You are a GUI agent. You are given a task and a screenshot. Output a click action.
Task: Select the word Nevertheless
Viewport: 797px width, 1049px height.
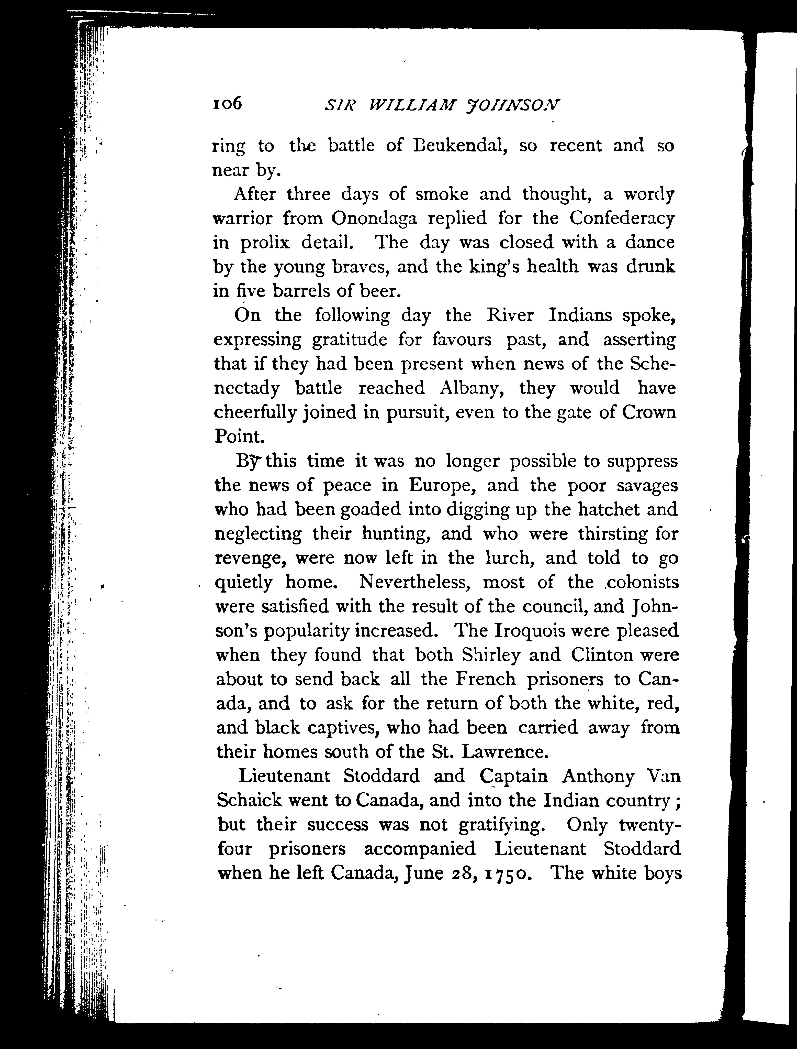tap(415, 582)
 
